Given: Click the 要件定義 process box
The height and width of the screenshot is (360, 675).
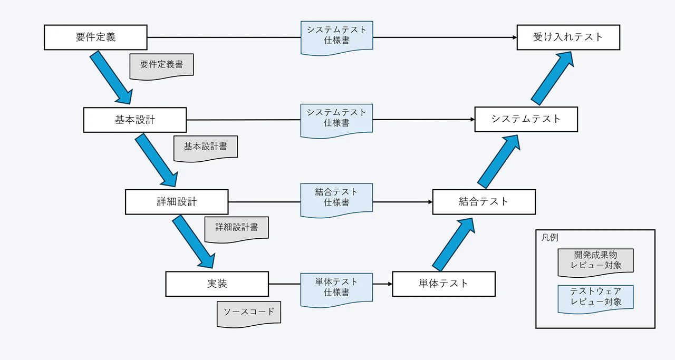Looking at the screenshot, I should pyautogui.click(x=95, y=37).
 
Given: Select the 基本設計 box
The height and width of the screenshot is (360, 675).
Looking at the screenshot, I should pyautogui.click(x=135, y=120).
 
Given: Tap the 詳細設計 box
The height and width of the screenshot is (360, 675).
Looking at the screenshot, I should pyautogui.click(x=177, y=202).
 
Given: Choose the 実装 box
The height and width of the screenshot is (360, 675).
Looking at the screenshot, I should pyautogui.click(x=217, y=284).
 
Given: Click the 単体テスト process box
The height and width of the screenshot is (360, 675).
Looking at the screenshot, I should pyautogui.click(x=443, y=284).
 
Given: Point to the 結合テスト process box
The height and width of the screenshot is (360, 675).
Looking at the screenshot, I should pyautogui.click(x=484, y=202).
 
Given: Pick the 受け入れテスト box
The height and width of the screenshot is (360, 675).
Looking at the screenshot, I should pyautogui.click(x=568, y=37).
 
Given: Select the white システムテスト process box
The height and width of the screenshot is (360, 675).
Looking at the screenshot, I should pyautogui.click(x=526, y=119).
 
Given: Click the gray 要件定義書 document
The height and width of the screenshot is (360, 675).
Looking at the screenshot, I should pyautogui.click(x=162, y=65).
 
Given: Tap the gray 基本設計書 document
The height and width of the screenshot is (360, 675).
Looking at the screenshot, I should pyautogui.click(x=206, y=147).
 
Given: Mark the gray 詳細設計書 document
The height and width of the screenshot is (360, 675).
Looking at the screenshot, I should pyautogui.click(x=236, y=228).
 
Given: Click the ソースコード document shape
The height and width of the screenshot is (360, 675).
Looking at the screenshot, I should pyautogui.click(x=249, y=313).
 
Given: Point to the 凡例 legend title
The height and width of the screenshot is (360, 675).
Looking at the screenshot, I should pyautogui.click(x=549, y=237).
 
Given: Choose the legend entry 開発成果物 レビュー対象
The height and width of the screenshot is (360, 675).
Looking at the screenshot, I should pyautogui.click(x=595, y=260).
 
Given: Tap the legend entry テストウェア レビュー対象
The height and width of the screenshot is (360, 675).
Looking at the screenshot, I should pyautogui.click(x=595, y=297).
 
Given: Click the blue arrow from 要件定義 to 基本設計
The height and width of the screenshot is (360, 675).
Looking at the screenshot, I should pyautogui.click(x=111, y=77).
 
